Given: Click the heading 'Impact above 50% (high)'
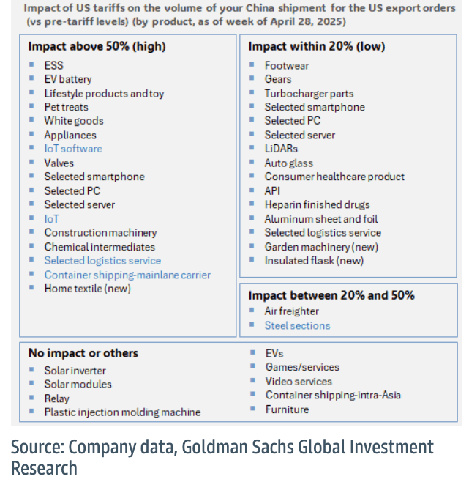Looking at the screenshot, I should pos(97,46).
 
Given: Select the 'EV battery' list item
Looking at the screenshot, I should pos(68,79).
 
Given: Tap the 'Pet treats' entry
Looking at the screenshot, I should pos(66,107).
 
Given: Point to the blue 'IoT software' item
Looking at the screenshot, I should pos(73,149).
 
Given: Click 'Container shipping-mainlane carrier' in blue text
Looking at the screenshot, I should pos(127,275).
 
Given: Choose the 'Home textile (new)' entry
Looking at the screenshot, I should pos(87,289).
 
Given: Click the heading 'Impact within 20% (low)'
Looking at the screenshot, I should pos(317,46).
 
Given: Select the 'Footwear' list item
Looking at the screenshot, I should pos(287,65).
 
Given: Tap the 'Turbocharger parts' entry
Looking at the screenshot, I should pos(309,93).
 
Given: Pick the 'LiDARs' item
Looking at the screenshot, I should pos(281,149).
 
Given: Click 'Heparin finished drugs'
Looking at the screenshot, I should pos(317,204).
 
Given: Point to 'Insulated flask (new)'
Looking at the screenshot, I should pos(314,260).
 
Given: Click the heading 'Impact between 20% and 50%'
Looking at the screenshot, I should pos(331,295).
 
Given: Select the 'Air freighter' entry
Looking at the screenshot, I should pos(291,311).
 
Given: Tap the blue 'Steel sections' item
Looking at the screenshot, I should pos(297,325).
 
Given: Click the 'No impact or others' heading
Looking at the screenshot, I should pos(83,353).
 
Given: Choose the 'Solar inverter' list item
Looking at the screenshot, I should pos(75,371).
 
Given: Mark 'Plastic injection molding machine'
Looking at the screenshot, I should pos(122,412).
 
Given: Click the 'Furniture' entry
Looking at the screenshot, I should pos(287,409).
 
